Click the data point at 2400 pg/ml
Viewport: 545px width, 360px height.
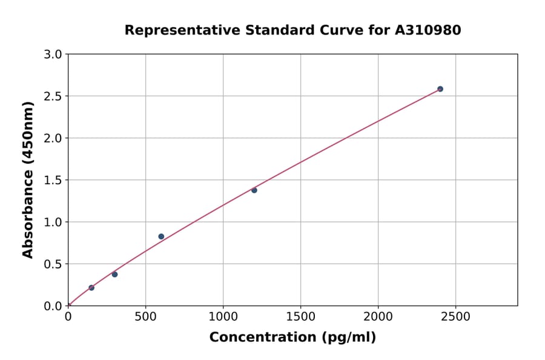(x=440, y=89)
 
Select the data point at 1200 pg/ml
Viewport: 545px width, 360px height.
(x=254, y=190)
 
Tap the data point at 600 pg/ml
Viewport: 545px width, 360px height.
(x=161, y=236)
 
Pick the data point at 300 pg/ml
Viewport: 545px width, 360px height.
(x=114, y=275)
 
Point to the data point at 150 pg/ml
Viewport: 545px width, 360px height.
(x=91, y=288)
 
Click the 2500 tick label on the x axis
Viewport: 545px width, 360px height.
(x=455, y=316)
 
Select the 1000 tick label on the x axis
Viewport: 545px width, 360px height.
(x=223, y=316)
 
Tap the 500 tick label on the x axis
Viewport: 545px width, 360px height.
(x=145, y=316)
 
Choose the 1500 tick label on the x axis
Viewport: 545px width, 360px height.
(x=300, y=316)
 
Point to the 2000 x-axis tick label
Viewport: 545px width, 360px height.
(x=378, y=316)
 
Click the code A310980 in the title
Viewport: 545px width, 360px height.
(x=428, y=30)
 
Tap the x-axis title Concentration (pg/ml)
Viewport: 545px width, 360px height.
(x=292, y=338)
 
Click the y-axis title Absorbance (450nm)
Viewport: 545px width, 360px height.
(x=28, y=179)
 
